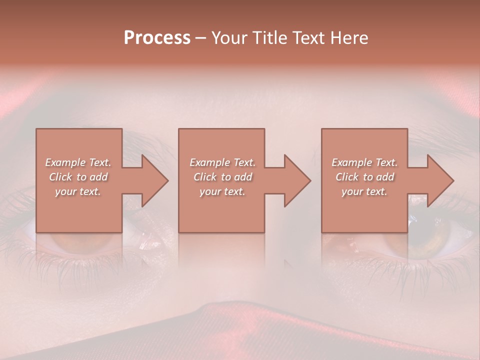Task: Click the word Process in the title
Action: coord(157,37)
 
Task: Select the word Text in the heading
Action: coord(308,38)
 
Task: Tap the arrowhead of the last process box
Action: coord(439,180)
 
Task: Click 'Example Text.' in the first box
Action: coord(78,162)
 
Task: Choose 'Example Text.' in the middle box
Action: coord(222,162)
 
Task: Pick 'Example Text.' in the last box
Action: coord(364,162)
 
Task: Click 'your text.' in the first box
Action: coord(78,191)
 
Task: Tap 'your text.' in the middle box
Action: coord(222,191)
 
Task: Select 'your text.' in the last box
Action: coord(364,191)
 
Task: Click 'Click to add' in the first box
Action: coord(78,177)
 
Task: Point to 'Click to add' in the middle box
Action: coord(222,177)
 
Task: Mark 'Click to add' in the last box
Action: coord(364,177)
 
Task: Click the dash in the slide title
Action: coord(200,38)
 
